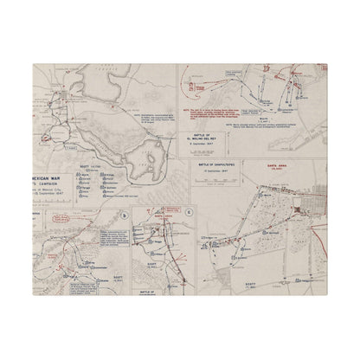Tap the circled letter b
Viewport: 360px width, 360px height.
tap(126, 215)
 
